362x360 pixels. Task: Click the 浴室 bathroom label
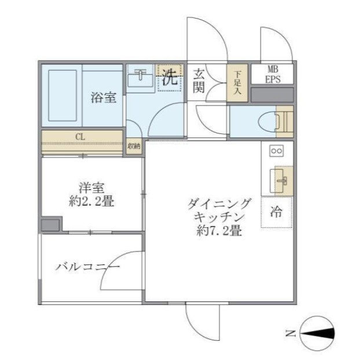click(x=103, y=97)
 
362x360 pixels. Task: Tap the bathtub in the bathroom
click(x=63, y=96)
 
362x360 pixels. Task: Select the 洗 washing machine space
click(x=170, y=78)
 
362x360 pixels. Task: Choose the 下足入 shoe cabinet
click(x=237, y=83)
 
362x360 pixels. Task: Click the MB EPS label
click(x=272, y=74)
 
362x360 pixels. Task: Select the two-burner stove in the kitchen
click(x=277, y=151)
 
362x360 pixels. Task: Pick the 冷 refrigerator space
click(x=276, y=212)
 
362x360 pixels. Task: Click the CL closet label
click(x=80, y=137)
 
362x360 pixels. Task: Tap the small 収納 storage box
click(x=134, y=146)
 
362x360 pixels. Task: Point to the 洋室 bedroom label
click(x=92, y=188)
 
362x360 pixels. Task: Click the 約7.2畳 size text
click(x=219, y=230)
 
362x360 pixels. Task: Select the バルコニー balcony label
click(x=87, y=267)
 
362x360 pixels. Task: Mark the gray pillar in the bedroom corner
click(x=50, y=225)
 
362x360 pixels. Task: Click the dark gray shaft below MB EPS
click(x=272, y=94)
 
